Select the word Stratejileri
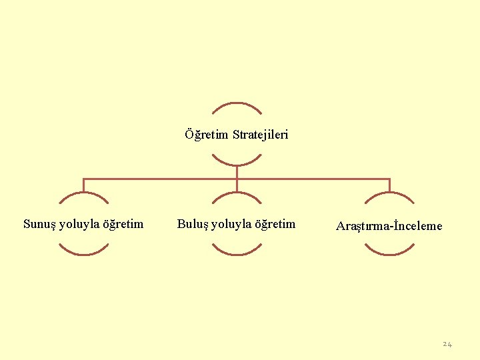tap(261, 135)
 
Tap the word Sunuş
tap(39, 224)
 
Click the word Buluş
tap(192, 224)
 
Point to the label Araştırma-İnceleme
tap(389, 226)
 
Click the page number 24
tap(447, 344)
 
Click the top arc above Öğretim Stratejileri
tap(237, 103)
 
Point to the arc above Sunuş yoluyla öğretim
tap(83, 194)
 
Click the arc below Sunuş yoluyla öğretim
tap(83, 254)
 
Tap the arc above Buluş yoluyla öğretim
tap(237, 194)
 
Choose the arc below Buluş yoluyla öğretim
tap(237, 254)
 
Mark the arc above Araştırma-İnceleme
tap(390, 194)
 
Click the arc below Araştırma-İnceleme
tap(390, 254)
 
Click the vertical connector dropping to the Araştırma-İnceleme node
tap(390, 185)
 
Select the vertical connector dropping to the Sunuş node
tap(83, 185)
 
